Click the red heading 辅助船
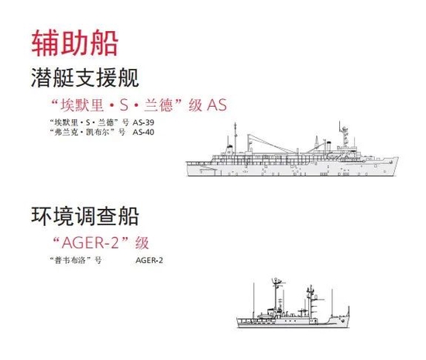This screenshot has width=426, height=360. pyautogui.click(x=74, y=43)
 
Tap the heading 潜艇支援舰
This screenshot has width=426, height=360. pyautogui.click(x=85, y=78)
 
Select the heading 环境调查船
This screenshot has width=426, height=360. pyautogui.click(x=85, y=216)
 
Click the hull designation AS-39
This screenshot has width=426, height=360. pyautogui.click(x=143, y=122)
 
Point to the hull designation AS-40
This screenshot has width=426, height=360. pyautogui.click(x=143, y=132)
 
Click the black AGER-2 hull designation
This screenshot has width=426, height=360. pyautogui.click(x=149, y=260)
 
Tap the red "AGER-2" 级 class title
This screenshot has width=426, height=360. pyautogui.click(x=100, y=243)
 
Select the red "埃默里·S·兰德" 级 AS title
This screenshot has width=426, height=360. pyautogui.click(x=139, y=105)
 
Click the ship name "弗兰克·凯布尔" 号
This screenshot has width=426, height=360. pyautogui.click(x=88, y=132)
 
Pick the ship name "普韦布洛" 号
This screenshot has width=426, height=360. pyautogui.click(x=76, y=260)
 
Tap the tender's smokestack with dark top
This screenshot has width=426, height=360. pyautogui.click(x=328, y=146)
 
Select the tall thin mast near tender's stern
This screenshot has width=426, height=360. pyautogui.click(x=235, y=138)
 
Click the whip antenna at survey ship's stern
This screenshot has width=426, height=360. pyautogui.click(x=254, y=300)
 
